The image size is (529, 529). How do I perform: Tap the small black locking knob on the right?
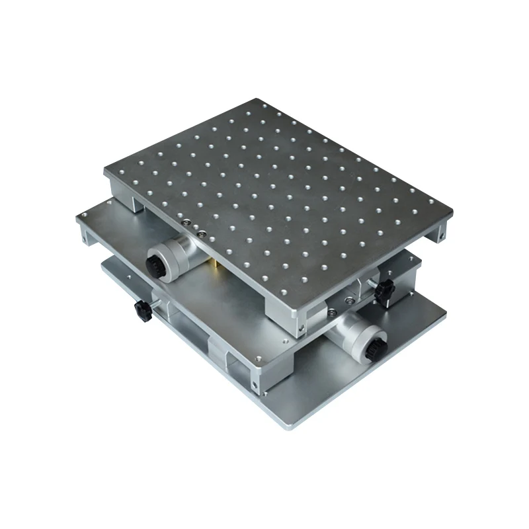[382, 289]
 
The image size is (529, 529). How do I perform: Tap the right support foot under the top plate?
[438, 232]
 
